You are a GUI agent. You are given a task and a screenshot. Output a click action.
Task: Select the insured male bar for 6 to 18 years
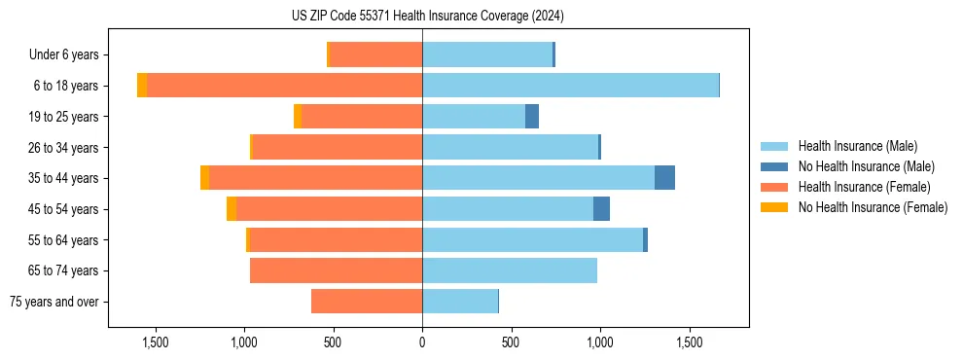tap(570, 86)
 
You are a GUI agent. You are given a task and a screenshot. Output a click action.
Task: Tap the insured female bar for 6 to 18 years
tap(284, 86)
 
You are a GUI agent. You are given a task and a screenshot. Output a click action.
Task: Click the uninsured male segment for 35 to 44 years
tap(664, 178)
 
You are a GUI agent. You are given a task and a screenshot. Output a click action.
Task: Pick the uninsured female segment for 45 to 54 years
tap(232, 209)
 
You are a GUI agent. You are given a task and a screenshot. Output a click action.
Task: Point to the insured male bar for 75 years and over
tap(460, 302)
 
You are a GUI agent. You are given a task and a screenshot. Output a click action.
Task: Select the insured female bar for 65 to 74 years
tap(336, 270)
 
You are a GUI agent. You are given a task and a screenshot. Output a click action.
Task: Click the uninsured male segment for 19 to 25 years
tap(532, 117)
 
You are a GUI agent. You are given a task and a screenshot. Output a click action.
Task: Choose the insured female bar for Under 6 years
tap(375, 54)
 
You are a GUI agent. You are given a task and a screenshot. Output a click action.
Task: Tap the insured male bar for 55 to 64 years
tap(532, 240)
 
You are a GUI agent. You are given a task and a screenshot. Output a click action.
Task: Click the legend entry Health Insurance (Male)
tap(857, 146)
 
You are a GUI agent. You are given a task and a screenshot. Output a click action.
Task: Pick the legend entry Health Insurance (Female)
tap(864, 187)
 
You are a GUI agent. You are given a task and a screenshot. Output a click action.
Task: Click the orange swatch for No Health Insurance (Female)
tap(774, 207)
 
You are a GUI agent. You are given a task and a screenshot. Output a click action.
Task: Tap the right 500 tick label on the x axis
tap(511, 342)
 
